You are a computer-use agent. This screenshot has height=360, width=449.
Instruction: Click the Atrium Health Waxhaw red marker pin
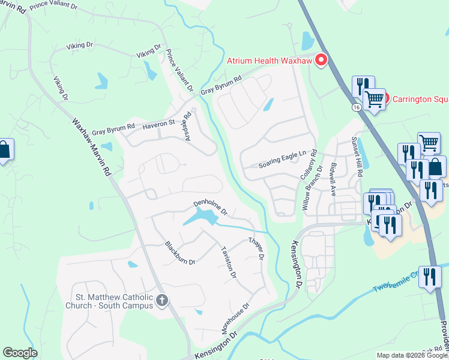321,60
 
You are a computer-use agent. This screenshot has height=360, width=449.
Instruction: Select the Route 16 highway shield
356,107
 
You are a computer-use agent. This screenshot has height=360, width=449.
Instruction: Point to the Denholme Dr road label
209,207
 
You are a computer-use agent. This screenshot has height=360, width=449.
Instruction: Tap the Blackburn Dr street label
180,253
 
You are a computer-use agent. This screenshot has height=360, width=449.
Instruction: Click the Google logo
20,353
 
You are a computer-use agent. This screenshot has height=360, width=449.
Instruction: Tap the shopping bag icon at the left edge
4,151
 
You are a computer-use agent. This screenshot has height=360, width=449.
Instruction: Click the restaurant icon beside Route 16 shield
363,86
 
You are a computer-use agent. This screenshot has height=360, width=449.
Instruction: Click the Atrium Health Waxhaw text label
271,60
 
